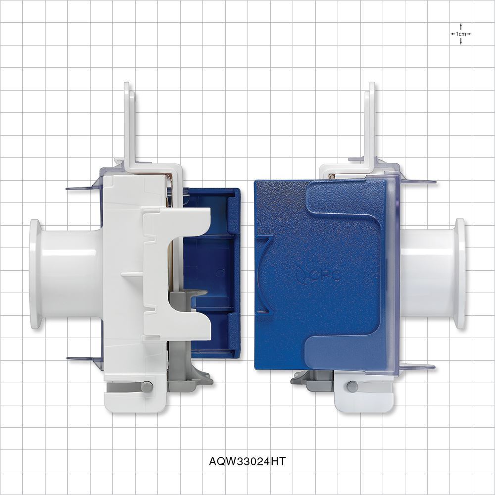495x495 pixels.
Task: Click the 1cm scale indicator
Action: [461, 34]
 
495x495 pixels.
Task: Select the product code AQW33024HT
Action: [247, 461]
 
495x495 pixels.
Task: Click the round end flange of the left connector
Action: [36, 274]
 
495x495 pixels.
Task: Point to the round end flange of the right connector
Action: [459, 274]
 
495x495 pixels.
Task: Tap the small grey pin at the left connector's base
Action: [147, 387]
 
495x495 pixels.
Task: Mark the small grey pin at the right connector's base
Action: [352, 386]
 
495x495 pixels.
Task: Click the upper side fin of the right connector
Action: [418, 182]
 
